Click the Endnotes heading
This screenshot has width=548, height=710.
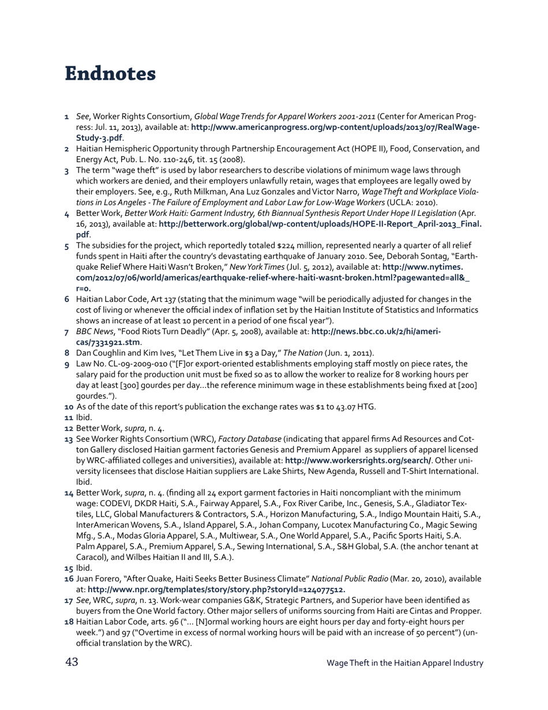(x=110, y=74)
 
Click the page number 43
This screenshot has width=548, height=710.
(x=72, y=662)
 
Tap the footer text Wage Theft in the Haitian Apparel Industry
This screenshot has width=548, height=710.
(x=404, y=663)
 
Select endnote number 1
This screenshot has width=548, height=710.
(x=67, y=117)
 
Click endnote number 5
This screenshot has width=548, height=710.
(x=67, y=246)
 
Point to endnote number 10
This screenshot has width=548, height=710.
(x=69, y=406)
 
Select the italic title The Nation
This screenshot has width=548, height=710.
(x=289, y=353)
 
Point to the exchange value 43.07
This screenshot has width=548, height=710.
(x=348, y=406)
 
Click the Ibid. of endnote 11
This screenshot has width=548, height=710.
(x=84, y=417)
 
